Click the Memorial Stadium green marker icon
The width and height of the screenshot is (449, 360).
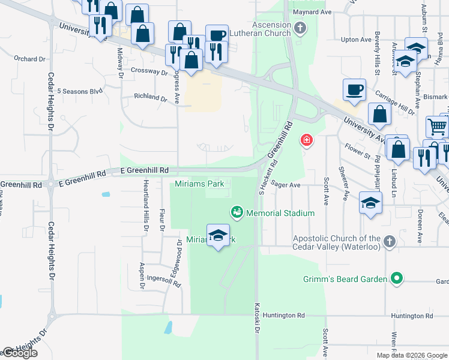tap(237, 212)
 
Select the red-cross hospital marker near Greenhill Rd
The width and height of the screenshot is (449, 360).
tap(307, 140)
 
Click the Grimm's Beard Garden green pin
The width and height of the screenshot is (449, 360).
tap(396, 278)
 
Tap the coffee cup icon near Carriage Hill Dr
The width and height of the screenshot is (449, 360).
tap(355, 89)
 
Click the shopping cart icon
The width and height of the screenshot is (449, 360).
tap(437, 126)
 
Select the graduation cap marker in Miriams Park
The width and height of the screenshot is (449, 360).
tap(218, 235)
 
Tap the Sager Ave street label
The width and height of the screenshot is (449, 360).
tap(286, 185)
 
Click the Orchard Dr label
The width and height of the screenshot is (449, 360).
tap(30, 59)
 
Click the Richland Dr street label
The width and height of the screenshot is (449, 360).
tap(150, 97)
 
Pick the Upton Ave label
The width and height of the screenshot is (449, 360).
tap(357, 40)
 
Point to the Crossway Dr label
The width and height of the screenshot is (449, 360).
tap(149, 71)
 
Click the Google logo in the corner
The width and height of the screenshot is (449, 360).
tap(20, 353)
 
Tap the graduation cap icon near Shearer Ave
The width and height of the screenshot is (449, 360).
tap(371, 202)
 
